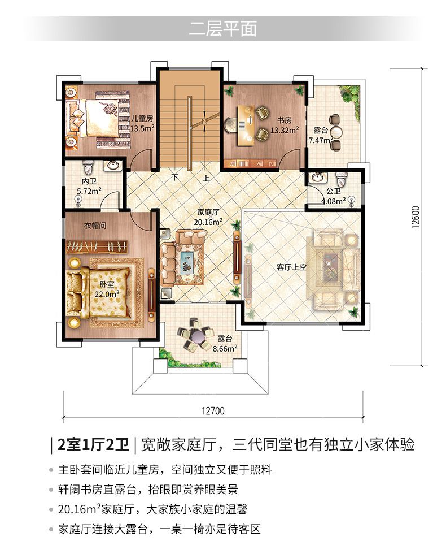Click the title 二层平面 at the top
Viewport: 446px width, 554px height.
[222, 29]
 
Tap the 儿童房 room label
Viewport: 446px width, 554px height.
[142, 119]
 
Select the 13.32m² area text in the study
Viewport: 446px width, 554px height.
[285, 130]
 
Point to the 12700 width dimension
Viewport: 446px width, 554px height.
[213, 410]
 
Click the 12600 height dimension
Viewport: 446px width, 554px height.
[416, 217]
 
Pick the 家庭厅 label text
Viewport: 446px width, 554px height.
[208, 213]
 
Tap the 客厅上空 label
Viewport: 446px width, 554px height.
[291, 267]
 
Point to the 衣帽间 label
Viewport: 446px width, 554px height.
[95, 226]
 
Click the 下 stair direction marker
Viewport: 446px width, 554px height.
[175, 177]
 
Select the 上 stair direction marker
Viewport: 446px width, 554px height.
[205, 178]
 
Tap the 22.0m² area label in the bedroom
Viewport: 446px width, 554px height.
[107, 293]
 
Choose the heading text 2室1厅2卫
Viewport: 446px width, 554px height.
[93, 444]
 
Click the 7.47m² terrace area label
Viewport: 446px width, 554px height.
[321, 140]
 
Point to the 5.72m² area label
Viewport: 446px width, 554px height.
[89, 191]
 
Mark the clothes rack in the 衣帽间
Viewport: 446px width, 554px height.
[97, 246]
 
